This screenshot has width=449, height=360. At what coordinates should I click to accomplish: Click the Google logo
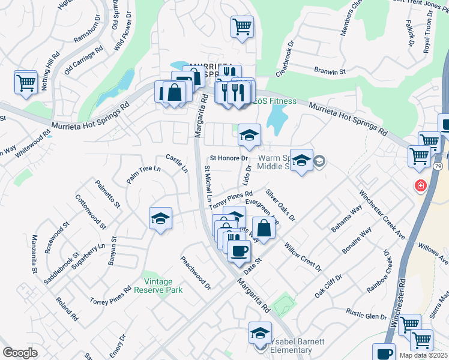click(19, 353)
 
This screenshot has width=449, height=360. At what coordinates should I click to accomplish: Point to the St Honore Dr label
click(229, 158)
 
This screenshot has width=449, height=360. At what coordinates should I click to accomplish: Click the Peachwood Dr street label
click(196, 274)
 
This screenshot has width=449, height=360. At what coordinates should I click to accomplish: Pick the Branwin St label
click(330, 71)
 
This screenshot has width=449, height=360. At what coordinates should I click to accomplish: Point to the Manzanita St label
click(34, 256)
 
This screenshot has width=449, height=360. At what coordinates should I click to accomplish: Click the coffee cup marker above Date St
click(239, 250)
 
